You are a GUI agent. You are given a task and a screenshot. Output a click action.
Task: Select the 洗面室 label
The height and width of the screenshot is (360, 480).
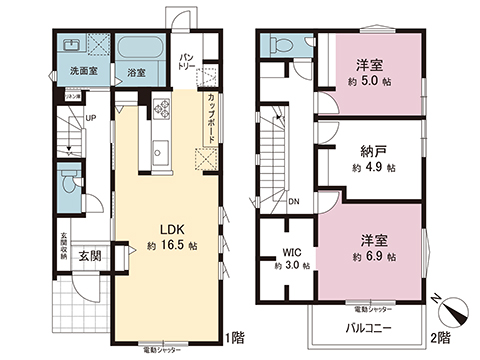(82, 72)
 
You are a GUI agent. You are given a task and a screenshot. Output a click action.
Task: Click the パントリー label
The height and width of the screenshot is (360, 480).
(187, 61)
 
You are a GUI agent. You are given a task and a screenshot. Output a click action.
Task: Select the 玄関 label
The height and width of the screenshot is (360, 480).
(90, 255)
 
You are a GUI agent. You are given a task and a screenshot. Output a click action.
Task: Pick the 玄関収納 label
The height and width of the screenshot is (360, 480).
(63, 248)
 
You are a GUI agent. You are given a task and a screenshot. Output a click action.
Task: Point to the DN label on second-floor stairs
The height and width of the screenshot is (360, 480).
(293, 201)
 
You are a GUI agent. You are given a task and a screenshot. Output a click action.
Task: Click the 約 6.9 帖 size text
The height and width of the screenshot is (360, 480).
(374, 257)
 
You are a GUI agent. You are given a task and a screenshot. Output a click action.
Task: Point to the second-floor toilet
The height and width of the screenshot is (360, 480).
(281, 44)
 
